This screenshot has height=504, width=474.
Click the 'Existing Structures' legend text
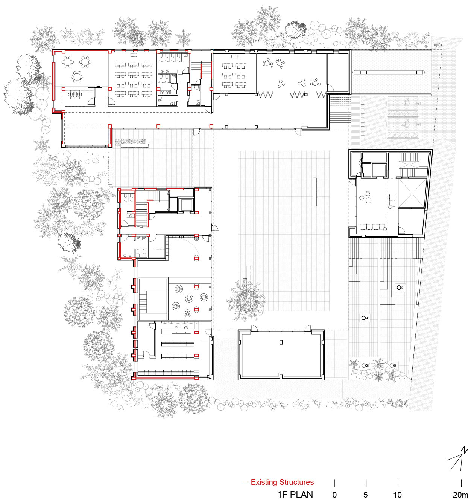click(282, 482)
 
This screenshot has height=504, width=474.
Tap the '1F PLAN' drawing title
click(295, 495)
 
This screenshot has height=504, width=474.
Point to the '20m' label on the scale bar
click(460, 495)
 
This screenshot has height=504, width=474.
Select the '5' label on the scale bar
click(366, 495)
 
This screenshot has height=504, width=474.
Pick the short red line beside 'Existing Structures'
click(245, 482)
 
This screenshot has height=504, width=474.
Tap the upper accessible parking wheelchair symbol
click(406, 103)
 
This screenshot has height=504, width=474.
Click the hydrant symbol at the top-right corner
click(438, 45)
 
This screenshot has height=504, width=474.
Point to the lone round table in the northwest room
click(77, 77)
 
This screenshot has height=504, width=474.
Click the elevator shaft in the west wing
click(185, 204)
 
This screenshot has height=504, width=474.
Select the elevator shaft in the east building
click(379, 170)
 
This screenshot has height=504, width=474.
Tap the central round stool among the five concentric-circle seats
click(189, 299)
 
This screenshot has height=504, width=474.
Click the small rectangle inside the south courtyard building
click(281, 342)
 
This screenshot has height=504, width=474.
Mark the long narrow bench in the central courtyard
click(314, 192)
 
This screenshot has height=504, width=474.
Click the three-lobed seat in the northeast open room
click(301, 83)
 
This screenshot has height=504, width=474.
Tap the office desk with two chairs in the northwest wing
click(75, 94)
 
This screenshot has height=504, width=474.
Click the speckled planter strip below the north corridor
click(131, 142)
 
